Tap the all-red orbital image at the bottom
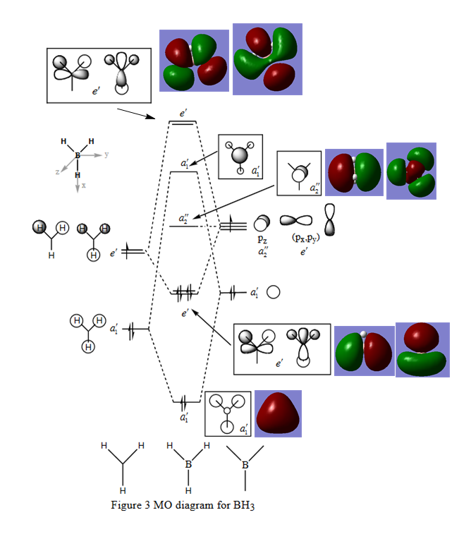pos(278,412)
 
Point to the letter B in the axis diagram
pos(77,154)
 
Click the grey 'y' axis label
pos(106,154)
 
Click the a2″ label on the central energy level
pos(183,219)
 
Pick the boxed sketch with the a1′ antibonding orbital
pos(240,156)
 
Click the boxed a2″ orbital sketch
pos(299,173)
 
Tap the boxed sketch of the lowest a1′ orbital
pos(228,413)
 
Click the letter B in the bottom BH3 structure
pos(188,465)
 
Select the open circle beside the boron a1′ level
pos(274,291)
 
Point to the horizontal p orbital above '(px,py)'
pos(295,221)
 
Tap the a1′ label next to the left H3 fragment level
pos(114,328)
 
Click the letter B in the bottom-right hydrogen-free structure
pos(245,465)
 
